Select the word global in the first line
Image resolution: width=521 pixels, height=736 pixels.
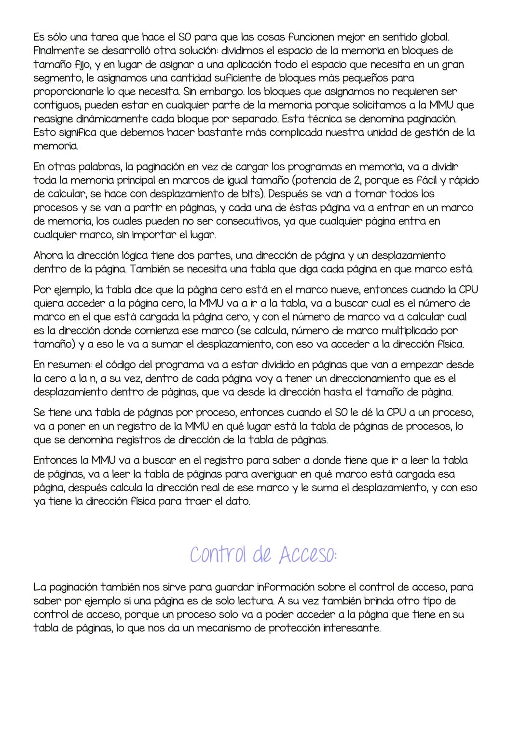click(x=434, y=37)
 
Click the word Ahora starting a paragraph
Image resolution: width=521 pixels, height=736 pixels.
click(x=49, y=255)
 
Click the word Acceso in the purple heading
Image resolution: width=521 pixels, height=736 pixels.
click(x=306, y=555)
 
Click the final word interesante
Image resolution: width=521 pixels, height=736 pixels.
click(x=351, y=628)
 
